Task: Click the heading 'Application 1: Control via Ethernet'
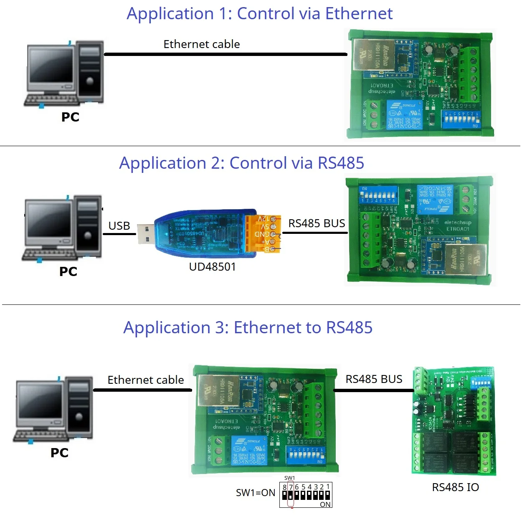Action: (259, 14)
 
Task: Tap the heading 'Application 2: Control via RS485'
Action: (241, 163)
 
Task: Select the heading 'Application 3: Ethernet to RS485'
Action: (248, 328)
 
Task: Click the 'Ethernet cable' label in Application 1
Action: (201, 44)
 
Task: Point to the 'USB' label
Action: (119, 226)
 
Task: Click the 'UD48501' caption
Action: (212, 267)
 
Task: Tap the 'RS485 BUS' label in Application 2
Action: (317, 223)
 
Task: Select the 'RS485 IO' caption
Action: (455, 487)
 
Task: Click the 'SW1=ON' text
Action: (256, 493)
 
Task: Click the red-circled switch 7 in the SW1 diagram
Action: (291, 495)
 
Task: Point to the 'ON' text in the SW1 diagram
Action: (325, 504)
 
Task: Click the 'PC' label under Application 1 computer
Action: (70, 117)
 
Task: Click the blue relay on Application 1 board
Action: (404, 114)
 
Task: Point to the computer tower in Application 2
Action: (88, 226)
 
